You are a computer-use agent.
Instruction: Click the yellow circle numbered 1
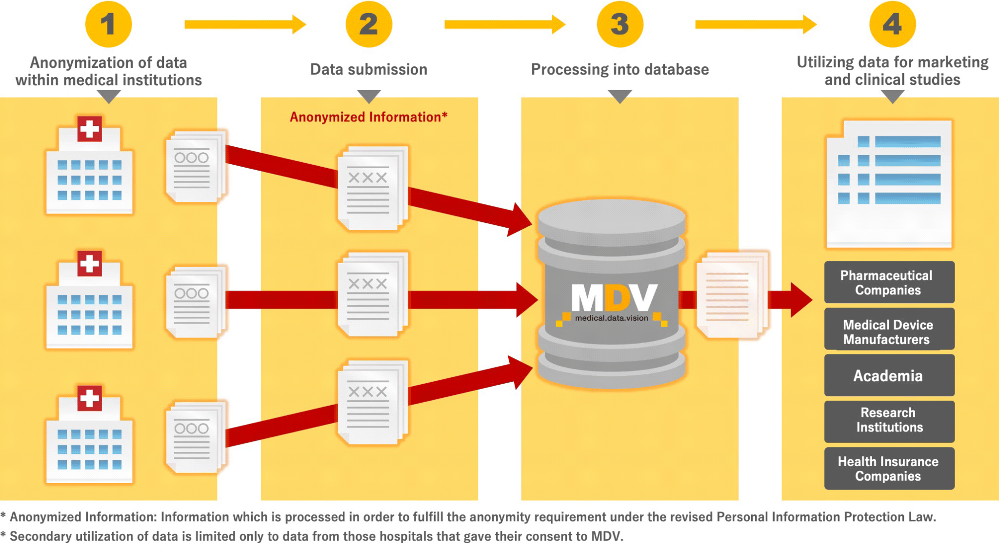(108, 24)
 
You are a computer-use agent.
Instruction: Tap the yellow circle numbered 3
(619, 24)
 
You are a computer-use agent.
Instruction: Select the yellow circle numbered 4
(892, 24)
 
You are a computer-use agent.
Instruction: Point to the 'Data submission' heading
(368, 70)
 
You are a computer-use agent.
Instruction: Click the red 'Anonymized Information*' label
(368, 117)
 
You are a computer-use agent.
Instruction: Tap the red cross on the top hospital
(89, 129)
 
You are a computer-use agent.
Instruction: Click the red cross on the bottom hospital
(89, 398)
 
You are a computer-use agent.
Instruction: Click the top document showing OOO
(194, 167)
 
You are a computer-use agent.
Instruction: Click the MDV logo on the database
(614, 298)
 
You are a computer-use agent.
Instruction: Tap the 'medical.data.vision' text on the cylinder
(611, 318)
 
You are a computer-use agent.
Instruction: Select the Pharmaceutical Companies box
(889, 283)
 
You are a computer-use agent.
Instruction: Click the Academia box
(889, 375)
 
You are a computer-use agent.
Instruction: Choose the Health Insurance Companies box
(889, 468)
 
